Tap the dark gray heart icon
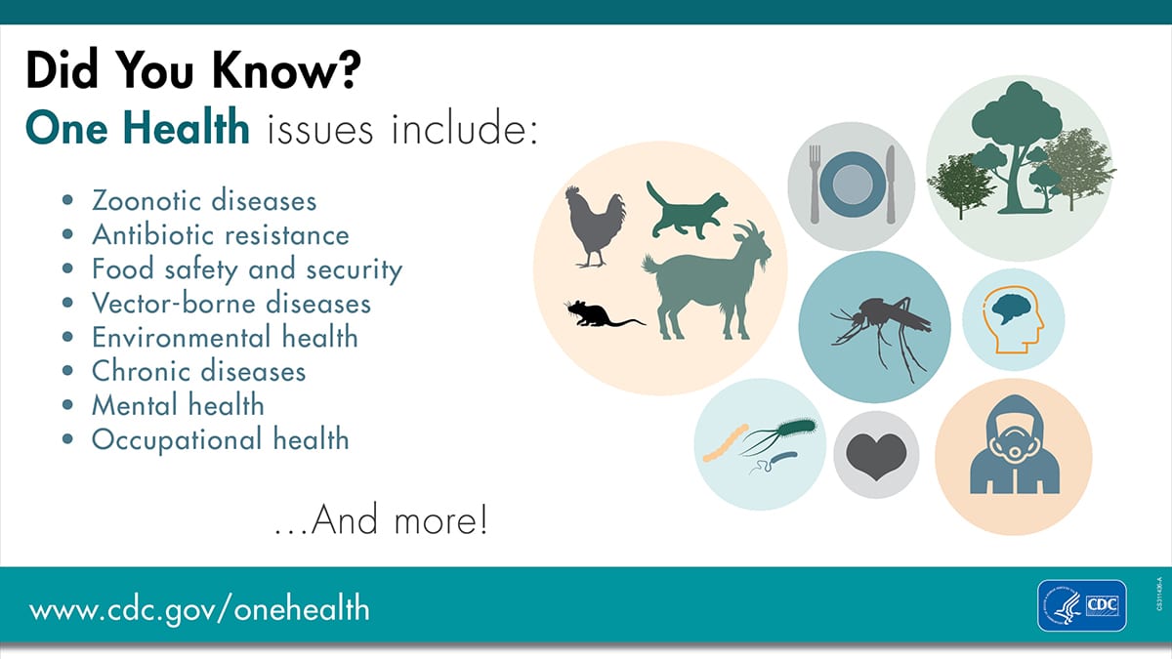pyautogui.click(x=876, y=455)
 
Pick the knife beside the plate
pyautogui.click(x=891, y=185)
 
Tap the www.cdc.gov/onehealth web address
pyautogui.click(x=199, y=609)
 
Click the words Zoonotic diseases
pyautogui.click(x=204, y=200)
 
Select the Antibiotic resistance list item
pyautogui.click(x=220, y=234)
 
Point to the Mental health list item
pyautogui.click(x=178, y=404)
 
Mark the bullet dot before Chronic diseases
pyautogui.click(x=67, y=371)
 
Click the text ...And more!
pyautogui.click(x=380, y=520)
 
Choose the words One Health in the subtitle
pyautogui.click(x=138, y=128)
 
